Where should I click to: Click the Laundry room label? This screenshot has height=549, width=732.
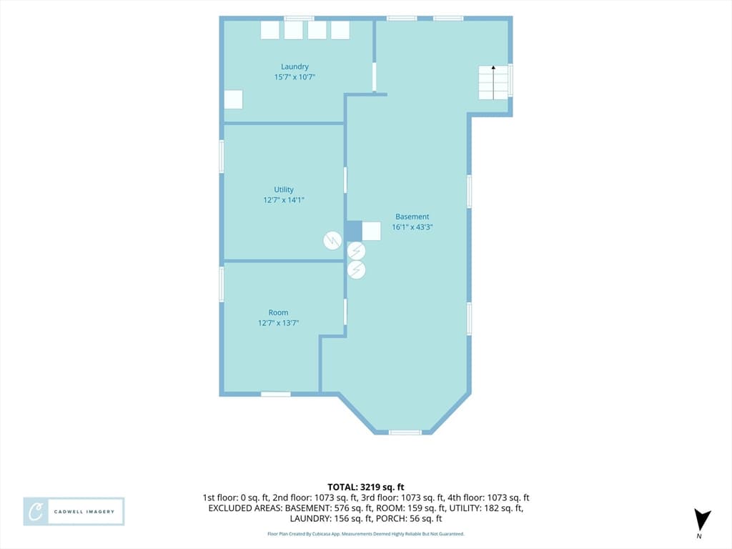pos(295,66)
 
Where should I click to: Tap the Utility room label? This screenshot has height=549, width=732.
pos(284,189)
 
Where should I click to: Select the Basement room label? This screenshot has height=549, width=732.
pos(412,217)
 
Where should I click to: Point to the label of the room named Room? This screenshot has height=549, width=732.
pos(278,313)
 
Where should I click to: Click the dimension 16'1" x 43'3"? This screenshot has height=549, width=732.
pos(412,227)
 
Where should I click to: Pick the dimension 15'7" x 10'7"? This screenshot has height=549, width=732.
pos(295,77)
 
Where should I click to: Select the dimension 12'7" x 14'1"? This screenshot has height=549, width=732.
pos(284,200)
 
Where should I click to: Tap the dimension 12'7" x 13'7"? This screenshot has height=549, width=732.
pos(278,323)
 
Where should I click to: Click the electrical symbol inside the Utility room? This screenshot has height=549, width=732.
pos(332,241)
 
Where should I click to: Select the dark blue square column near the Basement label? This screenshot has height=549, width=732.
pos(354,231)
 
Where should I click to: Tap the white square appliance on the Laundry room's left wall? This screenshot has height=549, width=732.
pos(234,99)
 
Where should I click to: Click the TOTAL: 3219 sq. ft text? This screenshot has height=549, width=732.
pos(365,488)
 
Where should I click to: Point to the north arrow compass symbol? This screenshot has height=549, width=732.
pos(702,521)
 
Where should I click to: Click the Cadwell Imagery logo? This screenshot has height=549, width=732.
pos(74,512)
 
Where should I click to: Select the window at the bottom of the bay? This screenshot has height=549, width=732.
pos(405,432)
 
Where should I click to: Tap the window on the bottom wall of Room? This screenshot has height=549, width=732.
pos(275,395)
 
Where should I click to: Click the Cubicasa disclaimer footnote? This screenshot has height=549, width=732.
pos(365,533)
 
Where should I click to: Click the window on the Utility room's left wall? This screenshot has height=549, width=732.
pos(222,157)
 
